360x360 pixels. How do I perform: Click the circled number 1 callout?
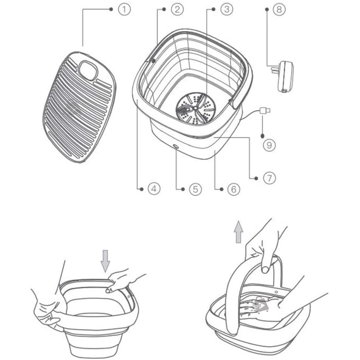click(124, 9)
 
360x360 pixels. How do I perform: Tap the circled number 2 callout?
click(177, 9)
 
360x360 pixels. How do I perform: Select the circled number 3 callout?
click(227, 9)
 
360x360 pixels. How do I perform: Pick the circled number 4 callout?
click(154, 189)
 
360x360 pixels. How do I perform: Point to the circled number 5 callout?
click(195, 189)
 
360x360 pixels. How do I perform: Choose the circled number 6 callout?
click(234, 189)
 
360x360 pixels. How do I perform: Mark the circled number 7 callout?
click(269, 178)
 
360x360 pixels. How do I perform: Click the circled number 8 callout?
click(279, 9)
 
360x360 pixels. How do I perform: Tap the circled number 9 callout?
click(269, 145)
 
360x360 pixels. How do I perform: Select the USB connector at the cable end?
click(265, 111)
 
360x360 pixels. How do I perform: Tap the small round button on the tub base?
click(176, 146)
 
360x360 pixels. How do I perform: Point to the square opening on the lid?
click(88, 70)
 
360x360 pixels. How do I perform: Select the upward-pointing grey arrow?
click(239, 232)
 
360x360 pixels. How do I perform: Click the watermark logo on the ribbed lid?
click(73, 108)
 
